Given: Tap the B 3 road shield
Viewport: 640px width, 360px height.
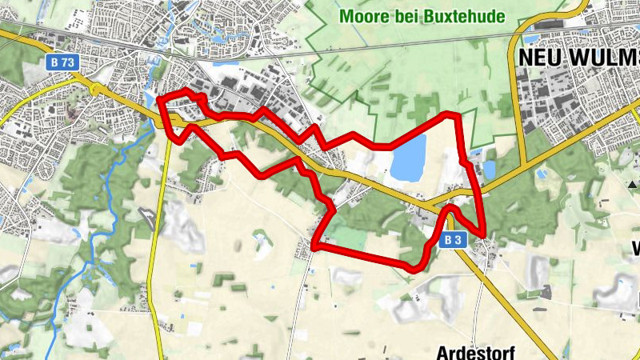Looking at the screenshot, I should point(453,238).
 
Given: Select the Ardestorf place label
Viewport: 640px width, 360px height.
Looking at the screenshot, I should point(475,351).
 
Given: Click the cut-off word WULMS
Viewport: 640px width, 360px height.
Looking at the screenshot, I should point(609,57).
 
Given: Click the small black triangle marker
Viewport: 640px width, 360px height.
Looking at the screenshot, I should point(633,185).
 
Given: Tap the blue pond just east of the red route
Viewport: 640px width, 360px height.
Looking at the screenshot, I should point(489,168).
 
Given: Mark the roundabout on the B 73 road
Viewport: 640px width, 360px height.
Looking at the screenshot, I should point(97,89).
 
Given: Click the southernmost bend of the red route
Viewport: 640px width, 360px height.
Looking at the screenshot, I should point(414,267).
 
